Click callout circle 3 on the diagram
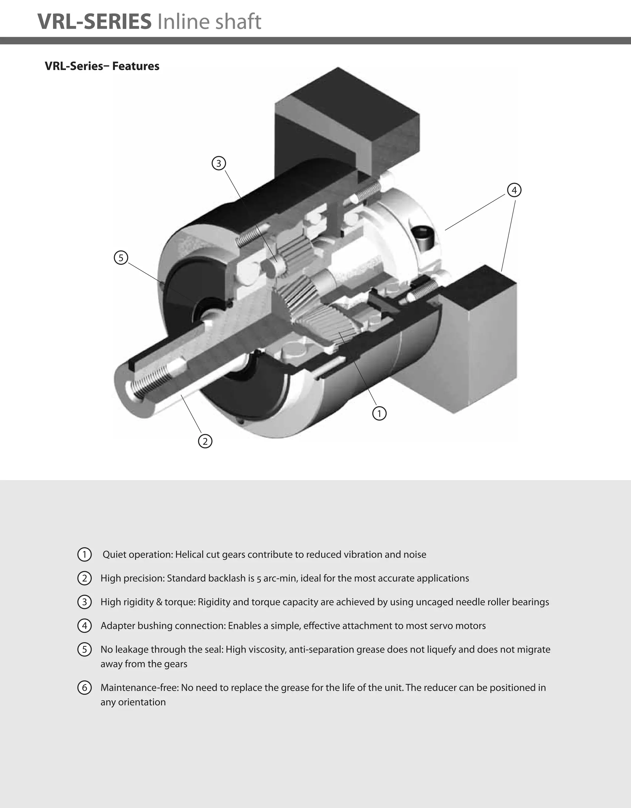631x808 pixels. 218,163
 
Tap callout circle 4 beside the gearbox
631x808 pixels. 514,190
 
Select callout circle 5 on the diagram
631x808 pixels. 121,258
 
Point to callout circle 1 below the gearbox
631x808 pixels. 379,413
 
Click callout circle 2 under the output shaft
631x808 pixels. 205,441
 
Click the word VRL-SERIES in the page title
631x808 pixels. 95,22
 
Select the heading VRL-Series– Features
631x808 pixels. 102,66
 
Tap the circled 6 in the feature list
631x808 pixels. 84,687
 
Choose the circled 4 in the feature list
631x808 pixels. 84,626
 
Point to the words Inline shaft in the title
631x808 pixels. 209,22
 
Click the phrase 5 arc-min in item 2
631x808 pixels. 276,578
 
